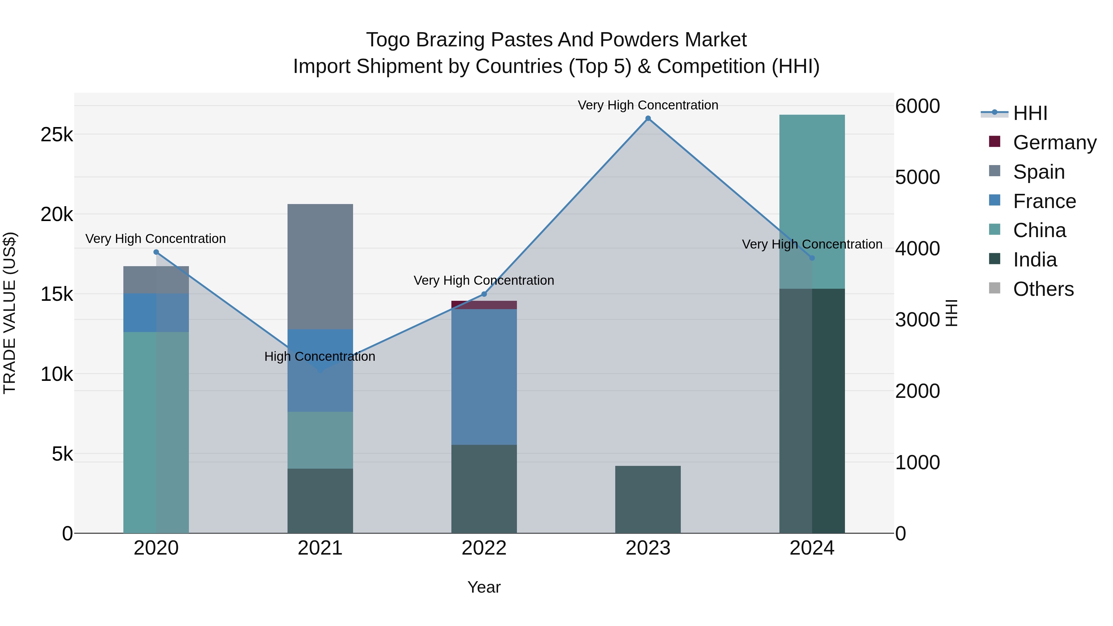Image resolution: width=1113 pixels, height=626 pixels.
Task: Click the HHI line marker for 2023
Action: pos(648,118)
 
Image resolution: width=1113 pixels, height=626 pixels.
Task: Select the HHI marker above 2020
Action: pos(156,252)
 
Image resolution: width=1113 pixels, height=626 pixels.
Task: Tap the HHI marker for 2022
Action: pos(484,294)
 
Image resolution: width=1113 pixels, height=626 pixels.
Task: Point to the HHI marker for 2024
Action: pos(812,258)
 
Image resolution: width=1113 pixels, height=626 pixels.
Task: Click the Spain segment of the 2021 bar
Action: pos(320,266)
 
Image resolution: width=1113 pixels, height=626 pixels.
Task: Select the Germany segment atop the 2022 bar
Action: pos(484,305)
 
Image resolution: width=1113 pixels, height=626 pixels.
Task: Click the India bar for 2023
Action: pos(648,500)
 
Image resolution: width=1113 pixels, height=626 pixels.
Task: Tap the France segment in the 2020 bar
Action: pos(156,313)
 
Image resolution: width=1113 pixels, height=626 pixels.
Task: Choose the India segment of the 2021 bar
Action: pos(320,501)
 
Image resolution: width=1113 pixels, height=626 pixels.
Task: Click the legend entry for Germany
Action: pos(1054,143)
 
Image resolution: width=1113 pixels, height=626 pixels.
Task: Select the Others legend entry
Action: pos(1043,289)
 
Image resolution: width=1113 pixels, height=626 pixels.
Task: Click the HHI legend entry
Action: pos(1030,113)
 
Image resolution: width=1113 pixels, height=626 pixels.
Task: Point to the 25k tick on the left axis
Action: pos(57,135)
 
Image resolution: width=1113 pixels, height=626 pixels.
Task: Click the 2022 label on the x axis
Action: pos(484,548)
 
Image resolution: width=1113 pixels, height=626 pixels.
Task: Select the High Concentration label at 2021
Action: pos(320,356)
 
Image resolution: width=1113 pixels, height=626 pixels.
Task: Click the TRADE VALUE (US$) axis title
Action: pos(10,313)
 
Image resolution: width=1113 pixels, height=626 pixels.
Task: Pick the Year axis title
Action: pos(484,587)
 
